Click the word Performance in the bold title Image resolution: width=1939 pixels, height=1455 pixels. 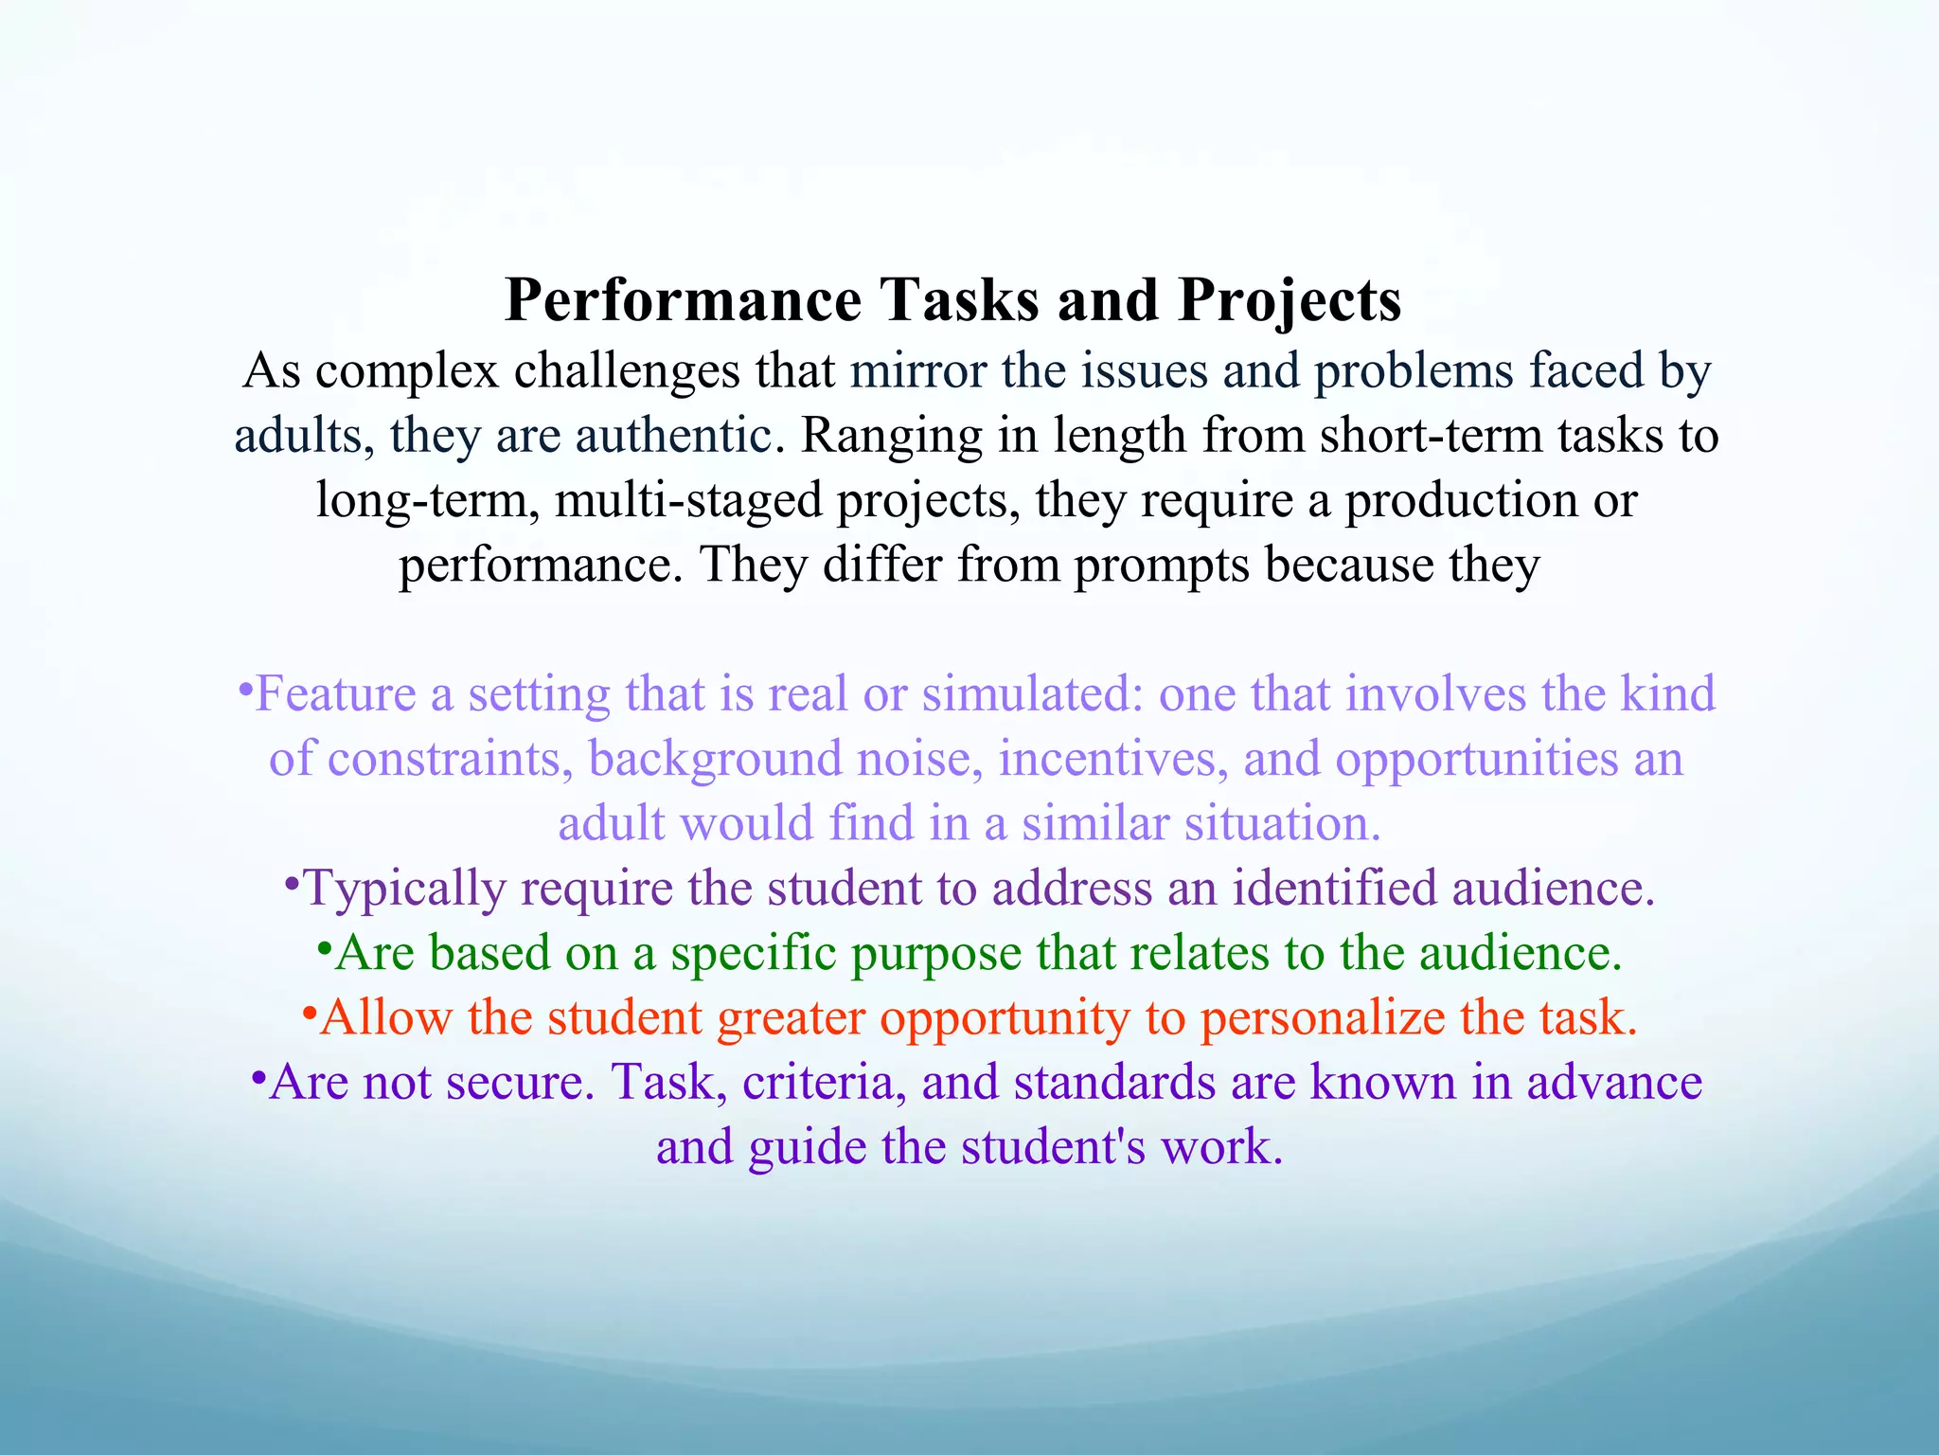click(683, 300)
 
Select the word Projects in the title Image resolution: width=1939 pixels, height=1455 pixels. click(1290, 302)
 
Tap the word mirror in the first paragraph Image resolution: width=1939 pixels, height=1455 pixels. click(918, 370)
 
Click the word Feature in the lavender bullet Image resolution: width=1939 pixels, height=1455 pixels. click(335, 694)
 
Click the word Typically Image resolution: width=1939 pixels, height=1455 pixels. click(404, 889)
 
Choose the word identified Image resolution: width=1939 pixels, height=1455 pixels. click(1334, 889)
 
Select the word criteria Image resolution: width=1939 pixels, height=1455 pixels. click(818, 1083)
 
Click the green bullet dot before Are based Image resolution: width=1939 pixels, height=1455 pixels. click(324, 948)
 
